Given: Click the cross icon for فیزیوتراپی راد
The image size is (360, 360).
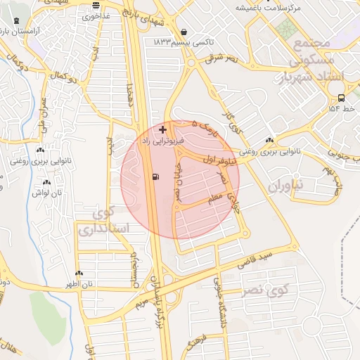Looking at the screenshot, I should [x=164, y=130].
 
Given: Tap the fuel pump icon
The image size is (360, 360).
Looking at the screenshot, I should [x=155, y=176].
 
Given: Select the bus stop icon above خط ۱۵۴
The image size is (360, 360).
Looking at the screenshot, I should [x=341, y=98].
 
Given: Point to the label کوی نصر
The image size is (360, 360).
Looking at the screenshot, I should [x=265, y=290].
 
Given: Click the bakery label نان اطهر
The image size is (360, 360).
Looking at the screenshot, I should [x=79, y=284].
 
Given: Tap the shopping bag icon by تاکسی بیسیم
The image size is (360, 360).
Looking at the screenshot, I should [x=184, y=32].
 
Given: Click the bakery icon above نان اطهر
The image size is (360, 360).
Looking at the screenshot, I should [x=79, y=274].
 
